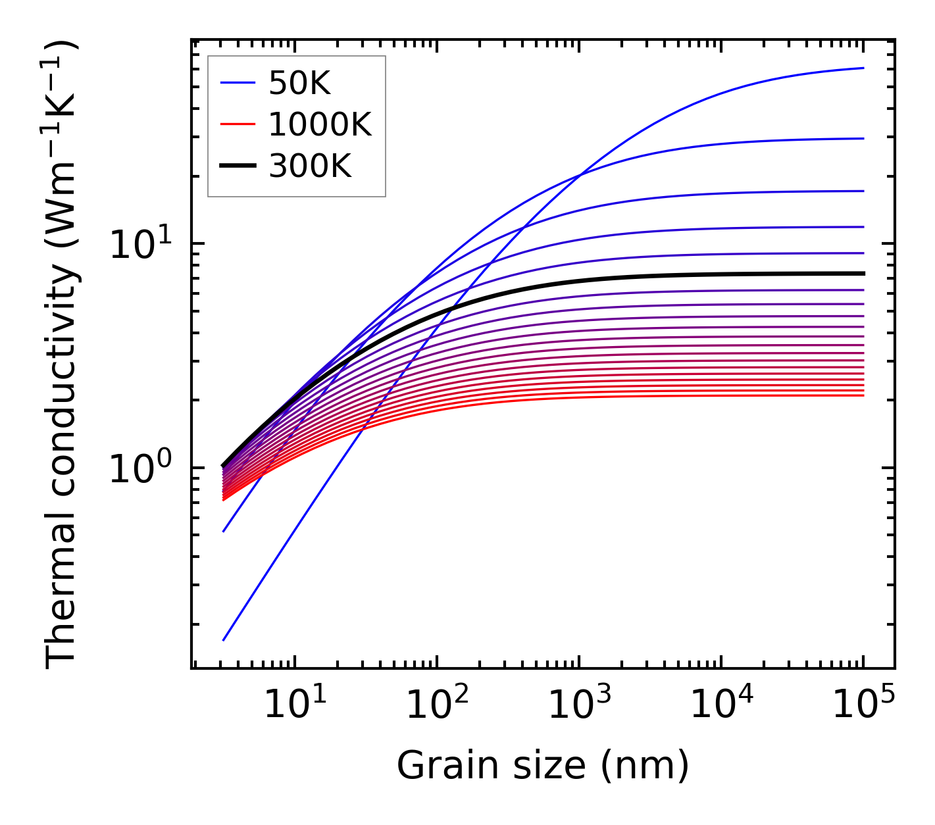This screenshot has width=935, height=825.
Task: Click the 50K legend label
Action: pos(299,83)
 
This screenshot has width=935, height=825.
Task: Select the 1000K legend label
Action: pos(320,124)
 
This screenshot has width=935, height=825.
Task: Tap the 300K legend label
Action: pos(310,166)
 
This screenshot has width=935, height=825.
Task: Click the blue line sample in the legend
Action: pos(237,83)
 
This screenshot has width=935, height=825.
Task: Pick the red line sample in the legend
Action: pos(237,124)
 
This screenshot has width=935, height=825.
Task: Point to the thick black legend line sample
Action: pos(237,166)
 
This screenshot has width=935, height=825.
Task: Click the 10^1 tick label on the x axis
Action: pos(294,706)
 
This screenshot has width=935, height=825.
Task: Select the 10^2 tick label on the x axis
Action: pos(436,706)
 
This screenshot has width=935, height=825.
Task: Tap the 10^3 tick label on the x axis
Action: pos(578,706)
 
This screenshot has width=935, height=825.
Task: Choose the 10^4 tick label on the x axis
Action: pos(721,706)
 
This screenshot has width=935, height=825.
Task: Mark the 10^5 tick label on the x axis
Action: pos(863,706)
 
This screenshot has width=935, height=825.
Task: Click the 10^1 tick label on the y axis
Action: pos(140,244)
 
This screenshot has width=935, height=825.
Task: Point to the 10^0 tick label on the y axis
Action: pos(140,469)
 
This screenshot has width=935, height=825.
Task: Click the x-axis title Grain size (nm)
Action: pos(543,766)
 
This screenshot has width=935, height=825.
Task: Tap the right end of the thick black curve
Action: pos(863,273)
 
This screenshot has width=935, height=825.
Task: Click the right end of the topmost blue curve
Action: pos(863,68)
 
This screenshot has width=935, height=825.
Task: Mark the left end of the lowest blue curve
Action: pos(224,639)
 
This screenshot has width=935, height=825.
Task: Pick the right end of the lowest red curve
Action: pos(863,395)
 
